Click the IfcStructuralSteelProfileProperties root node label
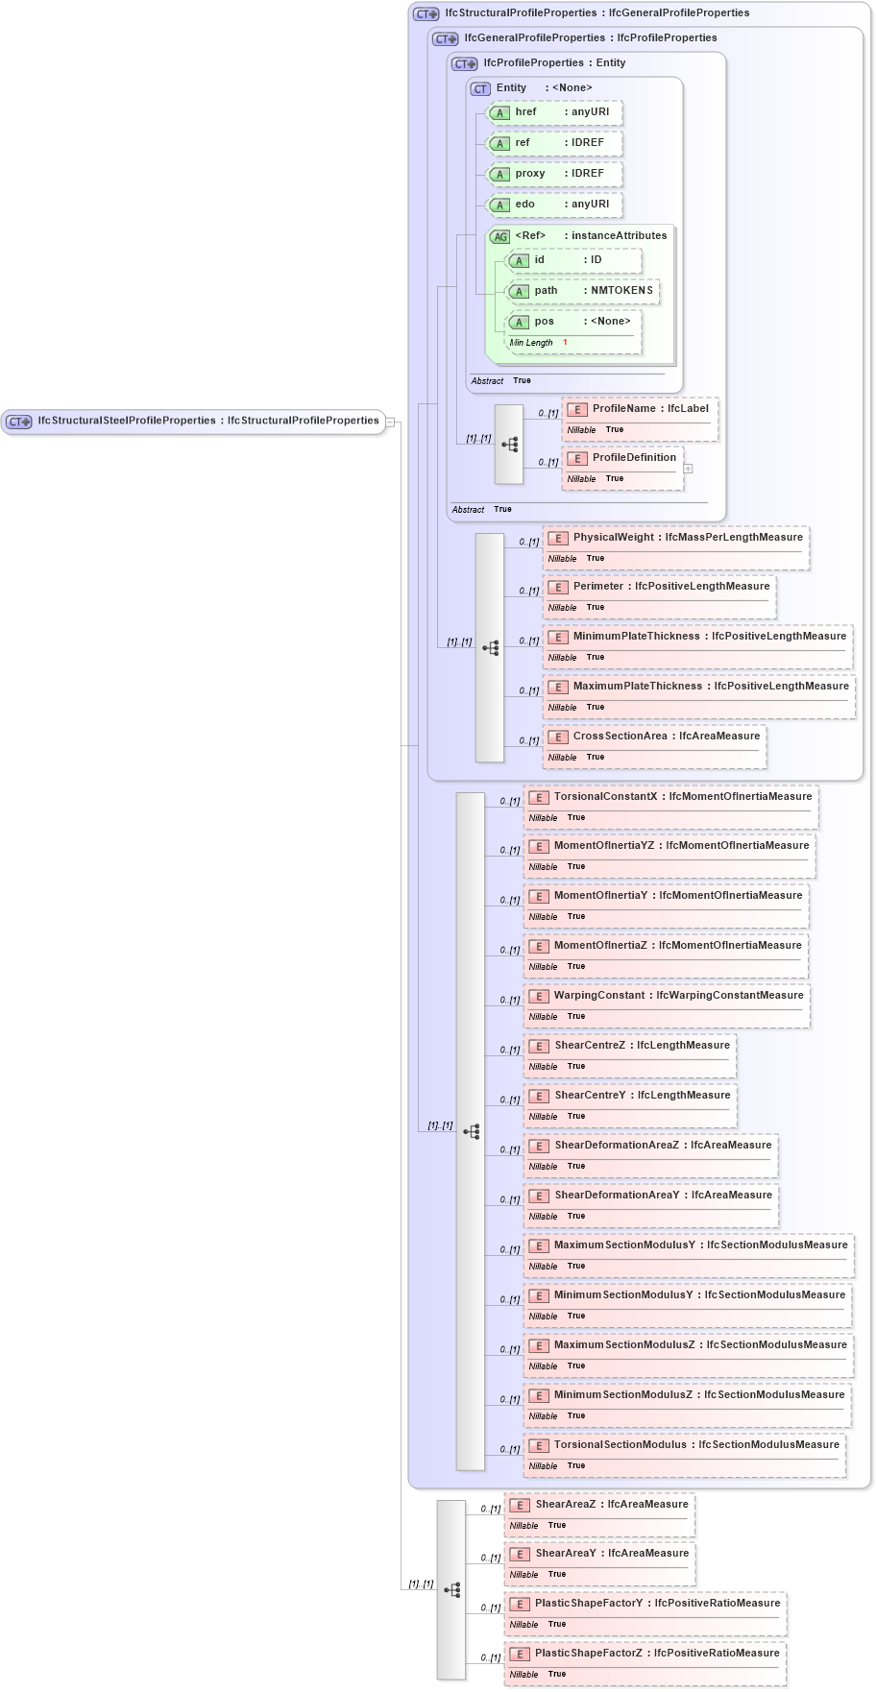(x=207, y=421)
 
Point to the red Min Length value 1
(x=565, y=343)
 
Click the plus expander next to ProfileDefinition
(x=688, y=469)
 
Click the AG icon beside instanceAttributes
(x=500, y=236)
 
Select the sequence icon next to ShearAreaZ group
(x=451, y=1590)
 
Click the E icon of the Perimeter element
(x=557, y=587)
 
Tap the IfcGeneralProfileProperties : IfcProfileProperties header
(x=590, y=38)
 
